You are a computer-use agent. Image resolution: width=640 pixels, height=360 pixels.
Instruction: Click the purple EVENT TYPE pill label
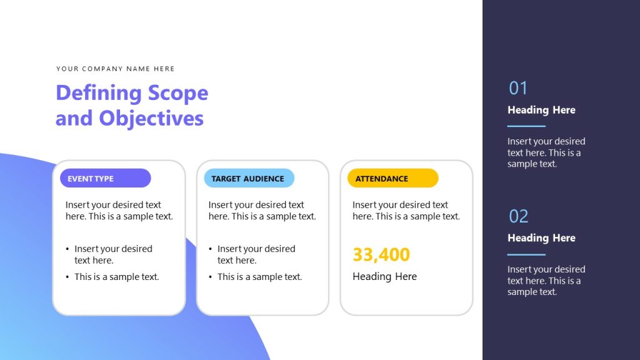[105, 178]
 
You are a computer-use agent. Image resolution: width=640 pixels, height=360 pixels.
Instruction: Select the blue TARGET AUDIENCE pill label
[249, 178]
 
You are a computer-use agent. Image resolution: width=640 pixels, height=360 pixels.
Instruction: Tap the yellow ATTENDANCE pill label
[392, 178]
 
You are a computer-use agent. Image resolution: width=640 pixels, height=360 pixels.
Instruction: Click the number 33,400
[381, 254]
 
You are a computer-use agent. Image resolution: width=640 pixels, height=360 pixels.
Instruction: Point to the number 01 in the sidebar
[518, 88]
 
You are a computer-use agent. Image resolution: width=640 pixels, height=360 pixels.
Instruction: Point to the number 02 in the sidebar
[518, 216]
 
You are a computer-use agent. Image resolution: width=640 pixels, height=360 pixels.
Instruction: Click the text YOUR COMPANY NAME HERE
[116, 69]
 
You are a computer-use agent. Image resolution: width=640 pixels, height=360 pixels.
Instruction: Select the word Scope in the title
[177, 93]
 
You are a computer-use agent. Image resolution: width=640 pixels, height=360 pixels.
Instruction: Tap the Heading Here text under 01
[541, 110]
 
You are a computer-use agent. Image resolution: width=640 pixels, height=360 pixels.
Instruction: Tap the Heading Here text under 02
[541, 238]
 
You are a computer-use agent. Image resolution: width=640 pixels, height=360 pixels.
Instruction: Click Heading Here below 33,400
[384, 276]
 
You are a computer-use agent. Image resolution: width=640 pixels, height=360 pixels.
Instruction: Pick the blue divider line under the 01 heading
[526, 126]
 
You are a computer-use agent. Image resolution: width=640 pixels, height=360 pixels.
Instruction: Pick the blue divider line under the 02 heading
[526, 254]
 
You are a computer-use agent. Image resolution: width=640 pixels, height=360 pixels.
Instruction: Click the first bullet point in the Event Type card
[112, 254]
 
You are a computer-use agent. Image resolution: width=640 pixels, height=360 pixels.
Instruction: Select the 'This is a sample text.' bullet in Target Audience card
[259, 277]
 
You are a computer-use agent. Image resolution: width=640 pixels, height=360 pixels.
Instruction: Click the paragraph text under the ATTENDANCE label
[406, 211]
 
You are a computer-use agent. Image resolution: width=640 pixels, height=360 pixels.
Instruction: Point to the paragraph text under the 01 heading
[546, 152]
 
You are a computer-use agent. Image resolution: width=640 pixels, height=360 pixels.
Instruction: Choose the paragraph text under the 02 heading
[546, 281]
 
